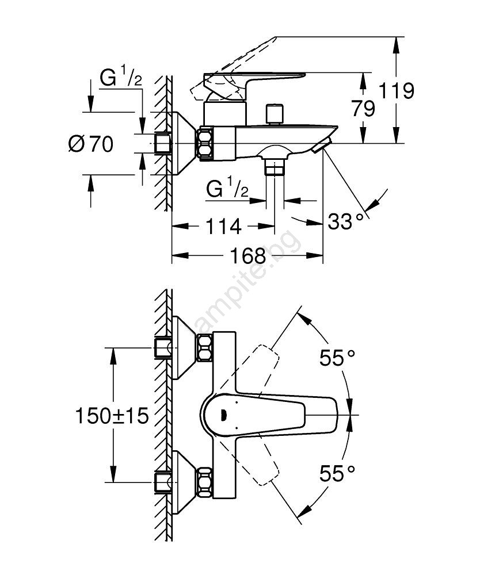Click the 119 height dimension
[397, 90]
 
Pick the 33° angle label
[346, 220]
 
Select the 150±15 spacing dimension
[112, 415]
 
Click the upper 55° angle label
[338, 358]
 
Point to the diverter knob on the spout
[275, 114]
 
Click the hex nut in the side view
[205, 143]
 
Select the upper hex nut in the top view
[204, 349]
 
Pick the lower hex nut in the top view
[204, 481]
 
